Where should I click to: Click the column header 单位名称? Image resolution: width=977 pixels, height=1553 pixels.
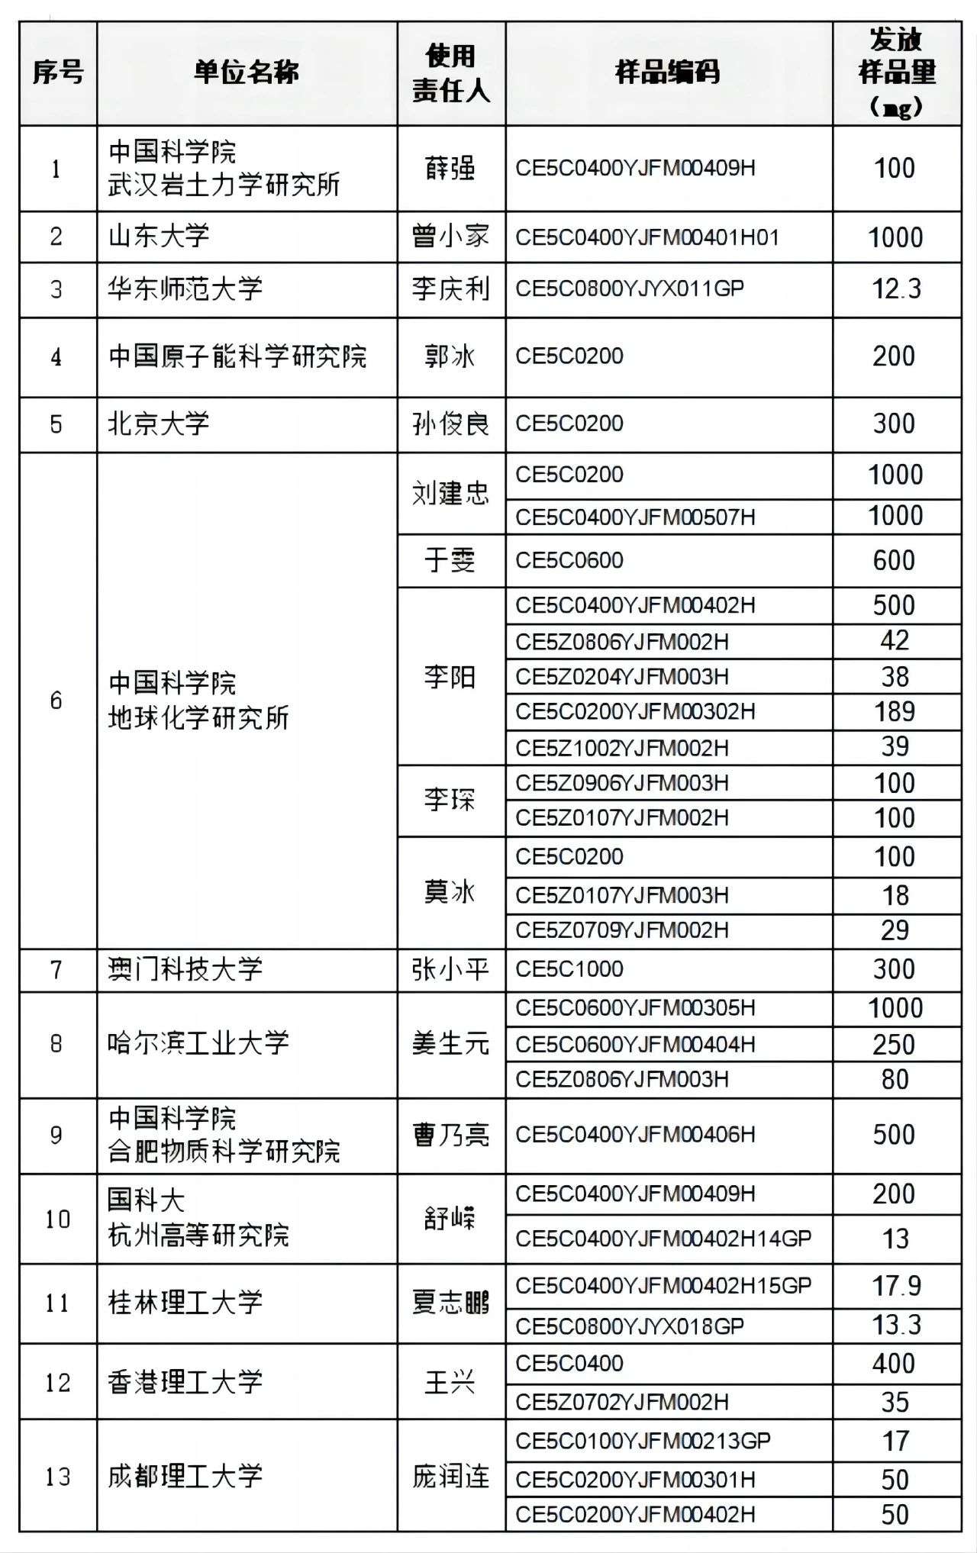(x=246, y=72)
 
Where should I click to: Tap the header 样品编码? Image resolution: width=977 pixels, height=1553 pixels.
(x=668, y=72)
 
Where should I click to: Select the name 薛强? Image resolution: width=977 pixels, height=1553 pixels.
(x=450, y=168)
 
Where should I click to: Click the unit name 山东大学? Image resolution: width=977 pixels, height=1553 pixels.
(x=159, y=237)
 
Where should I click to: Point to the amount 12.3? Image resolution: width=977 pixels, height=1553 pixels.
(x=896, y=289)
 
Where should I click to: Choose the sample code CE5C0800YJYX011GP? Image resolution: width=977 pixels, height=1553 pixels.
(x=630, y=289)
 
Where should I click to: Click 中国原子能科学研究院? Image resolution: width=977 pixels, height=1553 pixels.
(x=237, y=356)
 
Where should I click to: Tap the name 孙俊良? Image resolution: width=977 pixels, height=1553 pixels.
(x=450, y=424)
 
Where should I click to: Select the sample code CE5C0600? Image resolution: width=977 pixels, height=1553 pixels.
(x=569, y=560)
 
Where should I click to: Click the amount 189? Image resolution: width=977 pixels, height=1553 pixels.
(x=895, y=711)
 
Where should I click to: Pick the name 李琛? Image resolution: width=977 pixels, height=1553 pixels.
(x=450, y=800)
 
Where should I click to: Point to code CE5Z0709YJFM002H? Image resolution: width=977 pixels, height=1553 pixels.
(x=622, y=930)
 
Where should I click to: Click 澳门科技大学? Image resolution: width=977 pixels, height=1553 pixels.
(x=185, y=969)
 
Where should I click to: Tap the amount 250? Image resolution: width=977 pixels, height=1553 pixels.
(x=894, y=1044)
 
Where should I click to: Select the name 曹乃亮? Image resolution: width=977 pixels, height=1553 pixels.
(x=450, y=1135)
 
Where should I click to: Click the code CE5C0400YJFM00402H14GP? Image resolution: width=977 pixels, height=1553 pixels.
(x=663, y=1238)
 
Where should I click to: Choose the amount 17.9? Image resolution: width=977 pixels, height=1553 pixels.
(x=896, y=1286)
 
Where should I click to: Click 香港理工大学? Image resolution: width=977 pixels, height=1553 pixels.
(x=185, y=1382)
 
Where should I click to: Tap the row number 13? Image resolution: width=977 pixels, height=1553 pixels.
(x=57, y=1477)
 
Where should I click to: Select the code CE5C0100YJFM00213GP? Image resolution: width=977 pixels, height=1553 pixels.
(x=643, y=1441)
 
